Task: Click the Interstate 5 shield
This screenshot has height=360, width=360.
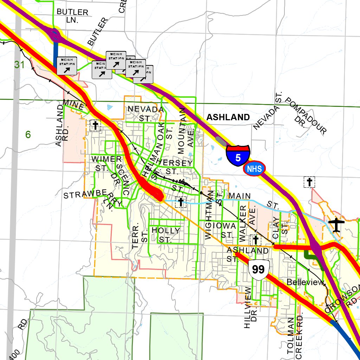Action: tap(238, 156)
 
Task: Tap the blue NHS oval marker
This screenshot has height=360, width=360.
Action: tap(254, 169)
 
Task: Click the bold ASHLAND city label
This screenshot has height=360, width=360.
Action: tap(228, 117)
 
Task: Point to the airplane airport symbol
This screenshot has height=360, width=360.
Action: tap(337, 225)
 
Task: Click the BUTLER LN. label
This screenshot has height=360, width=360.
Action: tap(72, 16)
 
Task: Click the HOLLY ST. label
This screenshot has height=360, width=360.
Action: tap(166, 235)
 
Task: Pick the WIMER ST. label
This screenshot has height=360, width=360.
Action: tap(106, 163)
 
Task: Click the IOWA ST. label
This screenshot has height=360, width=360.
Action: tap(224, 230)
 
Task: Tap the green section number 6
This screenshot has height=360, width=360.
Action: tap(28, 134)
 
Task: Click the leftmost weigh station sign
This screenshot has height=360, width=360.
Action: tap(66, 66)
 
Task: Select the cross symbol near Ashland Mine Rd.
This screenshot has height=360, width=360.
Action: tap(95, 125)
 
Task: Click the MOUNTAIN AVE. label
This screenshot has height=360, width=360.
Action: tap(186, 132)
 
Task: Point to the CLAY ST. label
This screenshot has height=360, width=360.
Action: tap(280, 227)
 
